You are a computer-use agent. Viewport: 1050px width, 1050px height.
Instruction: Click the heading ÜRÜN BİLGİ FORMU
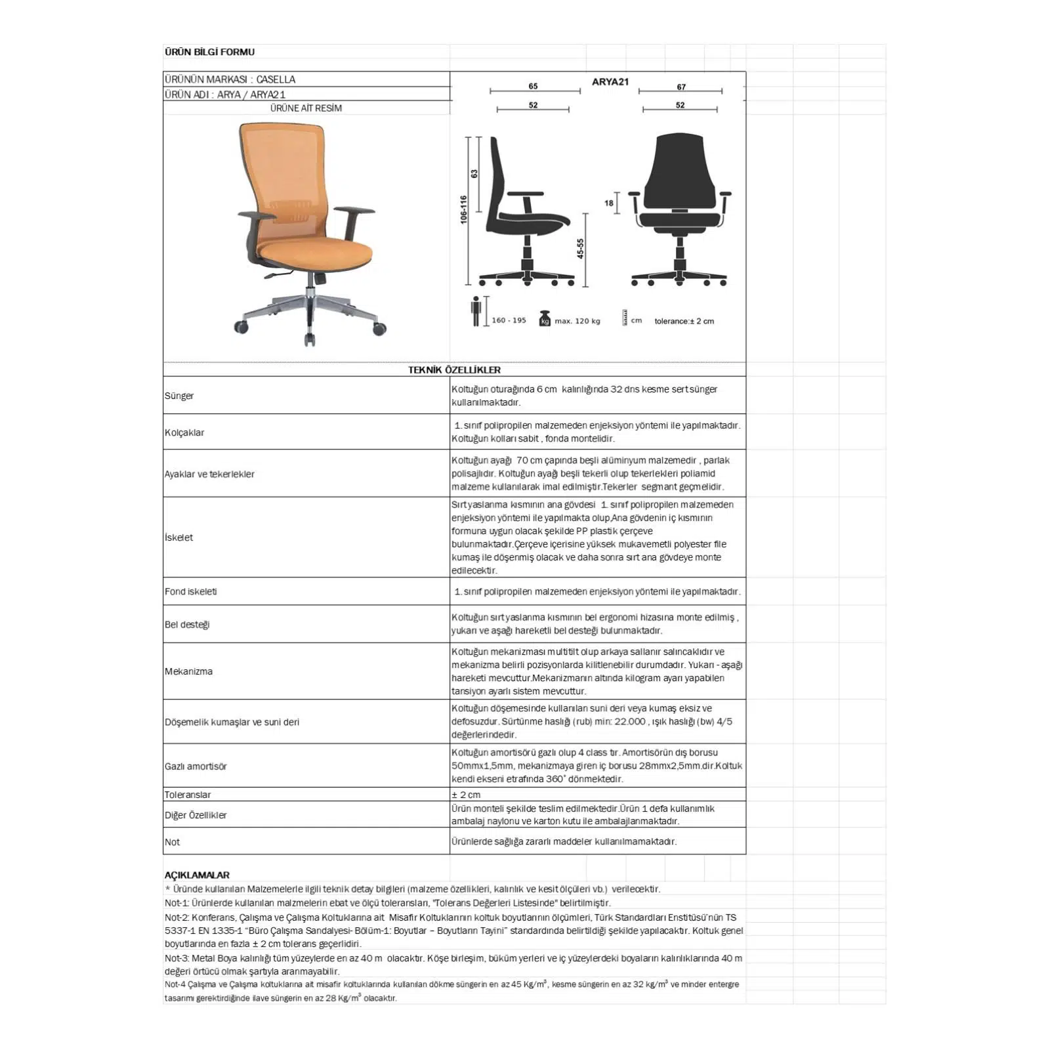tap(209, 52)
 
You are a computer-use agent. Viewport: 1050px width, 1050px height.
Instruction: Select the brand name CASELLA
tap(276, 79)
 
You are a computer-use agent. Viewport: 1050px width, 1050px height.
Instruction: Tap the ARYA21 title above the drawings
tap(610, 82)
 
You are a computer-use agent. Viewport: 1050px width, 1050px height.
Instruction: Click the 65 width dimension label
tap(533, 86)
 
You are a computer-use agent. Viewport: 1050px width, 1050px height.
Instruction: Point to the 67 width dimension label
tap(681, 87)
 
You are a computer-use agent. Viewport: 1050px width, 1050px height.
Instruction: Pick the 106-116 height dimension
tap(463, 209)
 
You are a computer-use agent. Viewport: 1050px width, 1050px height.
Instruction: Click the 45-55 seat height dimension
tap(580, 248)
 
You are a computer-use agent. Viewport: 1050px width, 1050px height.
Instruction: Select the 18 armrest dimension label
tap(609, 203)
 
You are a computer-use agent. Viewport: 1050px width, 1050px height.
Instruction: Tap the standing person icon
tap(476, 311)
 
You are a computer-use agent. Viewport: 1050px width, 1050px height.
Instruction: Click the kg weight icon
tap(544, 319)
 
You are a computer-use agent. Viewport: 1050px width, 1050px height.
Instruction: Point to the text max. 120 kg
tap(577, 321)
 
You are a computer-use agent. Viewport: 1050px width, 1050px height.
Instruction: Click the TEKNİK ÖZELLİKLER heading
tap(454, 370)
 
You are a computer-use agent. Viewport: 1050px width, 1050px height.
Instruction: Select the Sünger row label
tap(179, 396)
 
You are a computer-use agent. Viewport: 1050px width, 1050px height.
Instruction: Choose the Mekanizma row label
tap(188, 671)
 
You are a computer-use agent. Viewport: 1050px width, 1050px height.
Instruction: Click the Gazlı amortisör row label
tap(196, 766)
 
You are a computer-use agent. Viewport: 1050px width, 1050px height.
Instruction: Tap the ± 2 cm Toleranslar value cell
tap(466, 795)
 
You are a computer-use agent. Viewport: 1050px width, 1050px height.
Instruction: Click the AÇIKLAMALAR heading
tap(197, 875)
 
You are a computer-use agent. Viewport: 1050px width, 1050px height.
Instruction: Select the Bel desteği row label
tap(187, 624)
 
